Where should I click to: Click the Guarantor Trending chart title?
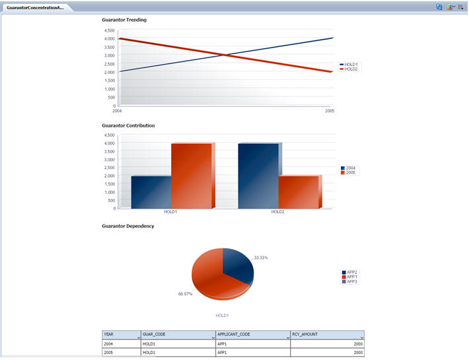point(124,20)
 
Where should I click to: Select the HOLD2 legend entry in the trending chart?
point(351,69)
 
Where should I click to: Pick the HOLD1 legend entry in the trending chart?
point(351,65)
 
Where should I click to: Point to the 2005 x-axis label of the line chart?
point(330,111)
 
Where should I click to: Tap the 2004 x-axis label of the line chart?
point(117,111)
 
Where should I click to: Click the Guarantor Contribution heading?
point(128,125)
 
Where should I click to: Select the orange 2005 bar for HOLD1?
point(191,176)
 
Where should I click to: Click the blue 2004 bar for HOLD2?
point(258,176)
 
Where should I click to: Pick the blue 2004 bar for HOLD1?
point(151,192)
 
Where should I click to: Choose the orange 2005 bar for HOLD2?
point(298,192)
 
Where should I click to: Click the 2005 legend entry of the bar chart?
point(350,172)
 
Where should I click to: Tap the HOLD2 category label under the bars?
point(278,212)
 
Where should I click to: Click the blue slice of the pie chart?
point(236,264)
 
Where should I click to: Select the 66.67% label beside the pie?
point(185,294)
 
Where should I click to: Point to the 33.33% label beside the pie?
point(262,257)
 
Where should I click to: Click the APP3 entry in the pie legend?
point(351,281)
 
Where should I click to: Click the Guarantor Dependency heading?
point(128,226)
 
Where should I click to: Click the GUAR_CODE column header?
point(155,334)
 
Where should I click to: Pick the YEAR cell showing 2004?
point(109,344)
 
